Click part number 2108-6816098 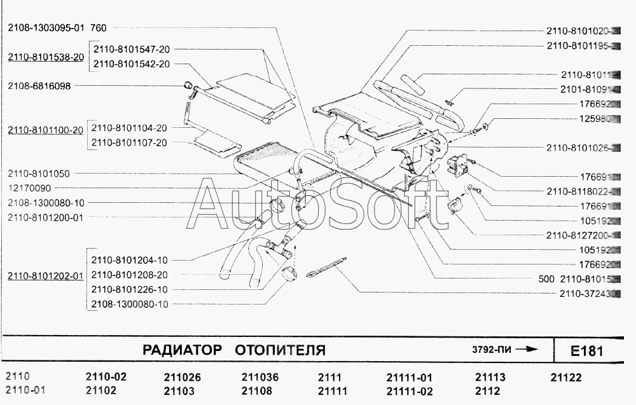[x=39, y=85]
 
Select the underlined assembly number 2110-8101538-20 [x=46, y=57]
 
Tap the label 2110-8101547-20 [x=132, y=49]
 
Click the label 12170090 [x=29, y=188]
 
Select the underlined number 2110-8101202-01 [x=46, y=276]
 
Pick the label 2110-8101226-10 [x=130, y=289]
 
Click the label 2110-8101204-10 [x=130, y=260]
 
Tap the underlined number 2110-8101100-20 [x=46, y=130]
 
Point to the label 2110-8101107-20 [x=129, y=142]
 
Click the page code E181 [x=586, y=351]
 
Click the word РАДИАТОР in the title [x=182, y=350]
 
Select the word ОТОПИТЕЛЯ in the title [x=280, y=350]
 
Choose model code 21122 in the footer [x=565, y=377]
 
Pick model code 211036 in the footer [x=260, y=377]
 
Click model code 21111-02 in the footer [x=409, y=390]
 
